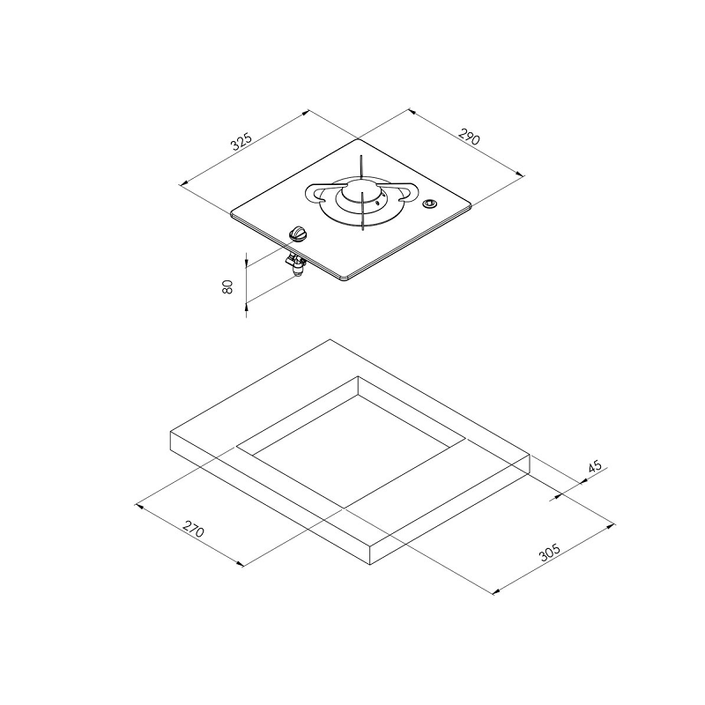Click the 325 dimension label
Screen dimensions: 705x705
(x=241, y=141)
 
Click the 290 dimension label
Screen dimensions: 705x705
(x=470, y=137)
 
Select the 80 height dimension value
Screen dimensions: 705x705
(x=228, y=287)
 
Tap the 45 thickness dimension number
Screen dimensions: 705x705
(x=594, y=466)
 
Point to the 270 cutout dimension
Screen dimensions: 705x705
(x=194, y=529)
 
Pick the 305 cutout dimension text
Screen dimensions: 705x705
(x=550, y=553)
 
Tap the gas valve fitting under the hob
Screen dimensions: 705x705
(x=296, y=265)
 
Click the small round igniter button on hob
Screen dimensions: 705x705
(x=429, y=204)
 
